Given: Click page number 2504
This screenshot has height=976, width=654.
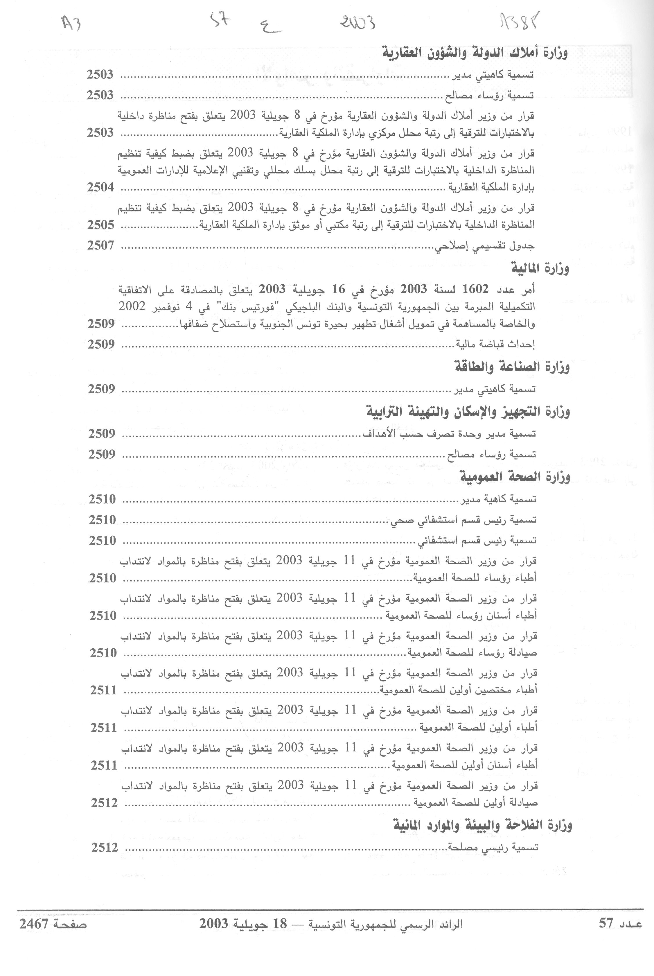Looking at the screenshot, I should click(x=100, y=187).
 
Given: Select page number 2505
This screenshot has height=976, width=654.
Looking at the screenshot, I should click(x=100, y=225).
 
